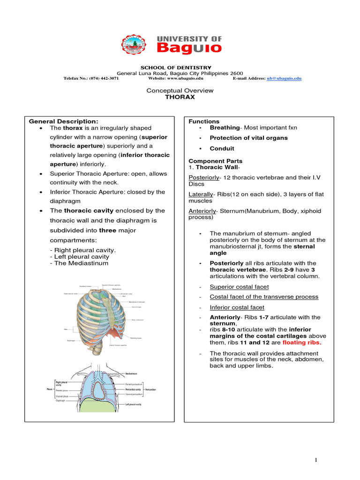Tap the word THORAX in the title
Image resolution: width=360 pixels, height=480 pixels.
(180, 97)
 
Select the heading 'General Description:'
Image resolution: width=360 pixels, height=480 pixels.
(64, 121)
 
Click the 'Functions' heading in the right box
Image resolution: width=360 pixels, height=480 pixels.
(204, 121)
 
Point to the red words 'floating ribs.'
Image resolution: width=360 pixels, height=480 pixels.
(302, 343)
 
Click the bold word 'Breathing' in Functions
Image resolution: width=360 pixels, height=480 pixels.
(225, 127)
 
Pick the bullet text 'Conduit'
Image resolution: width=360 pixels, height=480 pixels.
(222, 149)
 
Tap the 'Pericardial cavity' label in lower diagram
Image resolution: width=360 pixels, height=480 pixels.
(135, 390)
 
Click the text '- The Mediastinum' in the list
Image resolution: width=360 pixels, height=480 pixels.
(79, 263)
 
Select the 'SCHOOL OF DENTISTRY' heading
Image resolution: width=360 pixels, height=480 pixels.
(180, 67)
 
